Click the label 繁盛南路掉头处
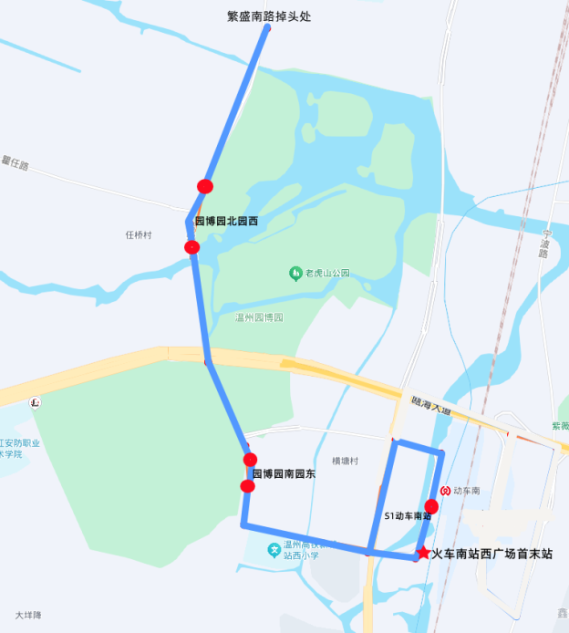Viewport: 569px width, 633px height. pos(269,16)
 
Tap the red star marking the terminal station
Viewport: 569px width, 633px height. pos(423,553)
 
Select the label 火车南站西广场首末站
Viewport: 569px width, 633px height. pos(492,554)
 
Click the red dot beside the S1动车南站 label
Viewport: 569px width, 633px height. pos(432,506)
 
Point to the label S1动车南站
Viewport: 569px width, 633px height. pos(407,516)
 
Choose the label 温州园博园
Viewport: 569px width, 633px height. pos(260,318)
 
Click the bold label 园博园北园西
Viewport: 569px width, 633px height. pos(226,222)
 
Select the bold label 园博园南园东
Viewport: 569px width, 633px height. pos(284,474)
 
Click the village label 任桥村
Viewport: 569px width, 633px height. pos(139,235)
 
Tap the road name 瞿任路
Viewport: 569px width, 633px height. pos(16,164)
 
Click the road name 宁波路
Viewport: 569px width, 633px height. pos(543,242)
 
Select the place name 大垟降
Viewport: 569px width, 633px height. pos(29,615)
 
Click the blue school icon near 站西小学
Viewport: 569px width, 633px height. pos(273,549)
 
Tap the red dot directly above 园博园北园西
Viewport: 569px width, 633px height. pos(205,186)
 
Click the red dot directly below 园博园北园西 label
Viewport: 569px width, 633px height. pos(191,247)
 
